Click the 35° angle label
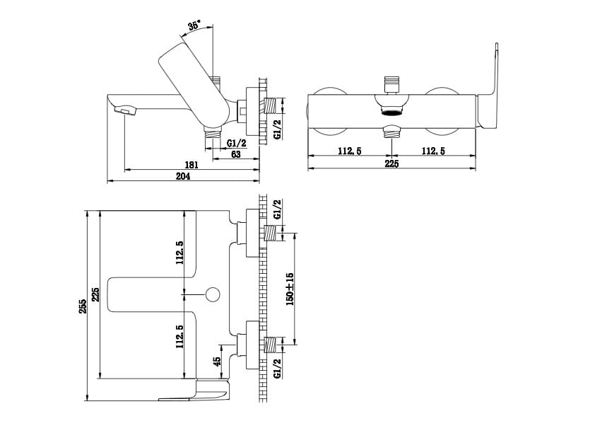194,25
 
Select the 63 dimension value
235,154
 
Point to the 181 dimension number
192,166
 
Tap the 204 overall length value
183,176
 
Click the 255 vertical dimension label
83,306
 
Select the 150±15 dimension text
290,289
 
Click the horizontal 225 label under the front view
392,163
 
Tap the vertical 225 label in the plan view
95,294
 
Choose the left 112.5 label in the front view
350,151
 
